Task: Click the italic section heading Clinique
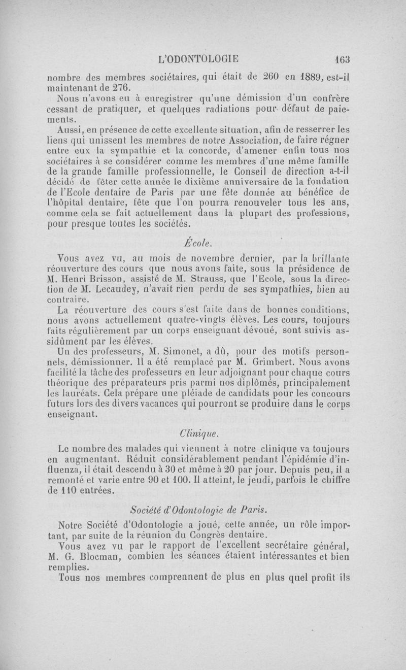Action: click(x=198, y=433)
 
